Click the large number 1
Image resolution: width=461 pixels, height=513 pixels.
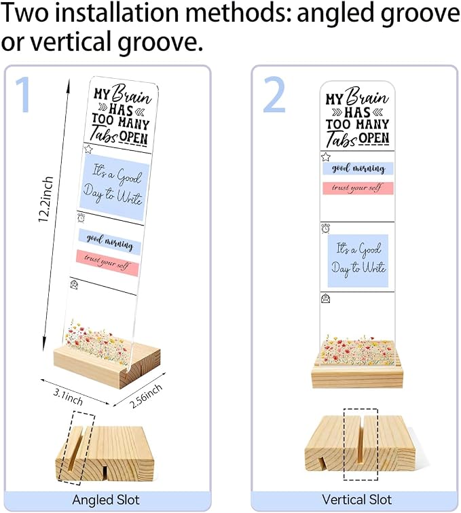tap(24, 94)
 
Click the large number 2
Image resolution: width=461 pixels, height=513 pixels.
tap(274, 94)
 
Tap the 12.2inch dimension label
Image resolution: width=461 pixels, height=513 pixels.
tap(45, 200)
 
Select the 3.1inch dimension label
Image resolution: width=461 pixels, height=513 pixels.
tap(68, 397)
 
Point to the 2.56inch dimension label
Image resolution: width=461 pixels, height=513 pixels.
tap(146, 396)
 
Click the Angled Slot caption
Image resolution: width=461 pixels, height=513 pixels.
tap(106, 499)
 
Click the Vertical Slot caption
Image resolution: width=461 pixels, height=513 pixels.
tap(356, 499)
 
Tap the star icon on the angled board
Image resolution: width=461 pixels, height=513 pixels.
tap(88, 149)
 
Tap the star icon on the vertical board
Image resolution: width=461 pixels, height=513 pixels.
tap(325, 157)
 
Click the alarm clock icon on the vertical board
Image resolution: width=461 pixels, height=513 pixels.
tap(325, 228)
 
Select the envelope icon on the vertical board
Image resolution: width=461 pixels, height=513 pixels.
tap(326, 298)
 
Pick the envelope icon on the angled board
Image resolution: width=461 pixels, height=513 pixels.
tap(74, 284)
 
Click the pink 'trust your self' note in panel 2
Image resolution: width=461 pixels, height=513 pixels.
tap(358, 188)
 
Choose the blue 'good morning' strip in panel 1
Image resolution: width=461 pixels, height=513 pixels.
tap(109, 241)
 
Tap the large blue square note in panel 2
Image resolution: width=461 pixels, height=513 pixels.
tap(358, 260)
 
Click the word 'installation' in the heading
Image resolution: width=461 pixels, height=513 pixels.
tap(119, 13)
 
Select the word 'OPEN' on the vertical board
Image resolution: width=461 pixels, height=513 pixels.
tap(374, 139)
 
